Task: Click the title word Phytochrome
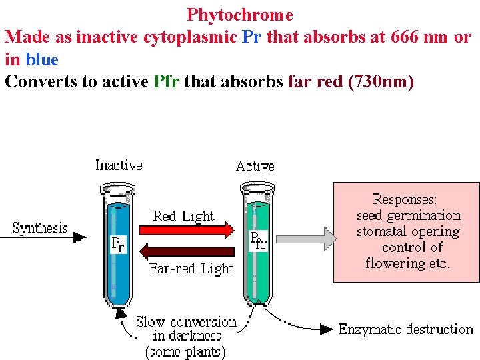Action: pos(239,14)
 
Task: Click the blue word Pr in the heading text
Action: pos(251,37)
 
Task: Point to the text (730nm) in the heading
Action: pos(381,82)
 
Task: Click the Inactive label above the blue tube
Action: pos(119,165)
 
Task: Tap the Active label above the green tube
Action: pos(255,166)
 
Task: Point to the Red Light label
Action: pos(183,216)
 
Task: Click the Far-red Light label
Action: pos(191,269)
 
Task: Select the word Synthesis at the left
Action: pos(40,228)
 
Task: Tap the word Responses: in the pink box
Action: pos(405,199)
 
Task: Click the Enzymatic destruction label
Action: pos(405,329)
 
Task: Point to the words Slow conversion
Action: pos(186,322)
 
